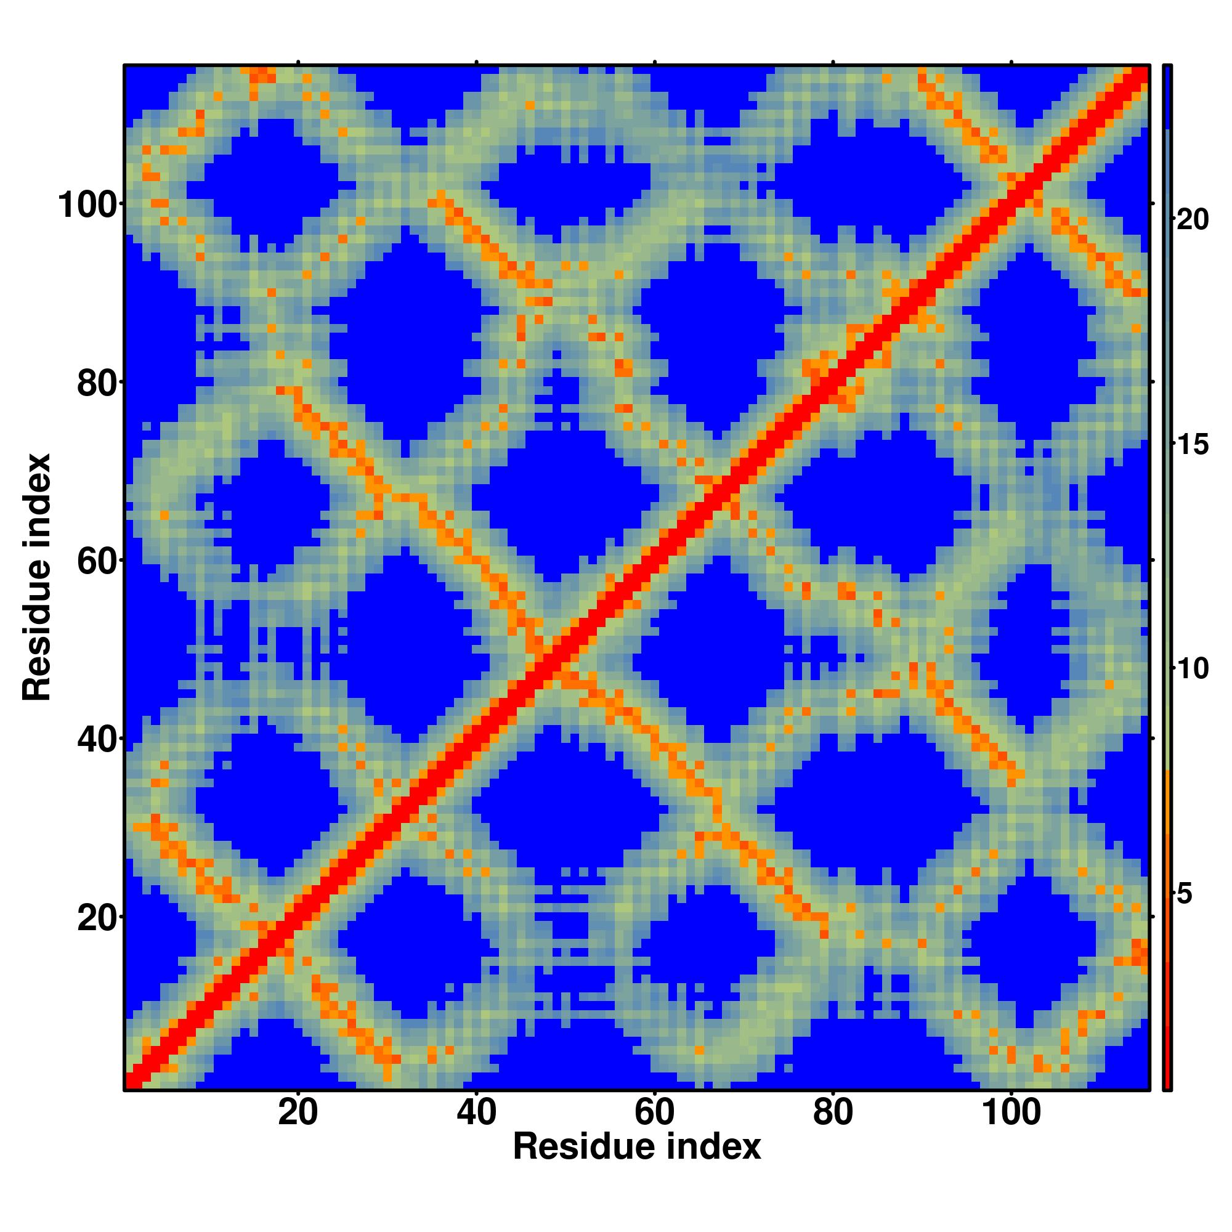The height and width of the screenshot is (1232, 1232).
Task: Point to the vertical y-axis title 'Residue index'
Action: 36,577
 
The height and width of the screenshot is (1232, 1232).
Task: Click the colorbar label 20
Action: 1192,220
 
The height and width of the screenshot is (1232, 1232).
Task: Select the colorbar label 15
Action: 1192,445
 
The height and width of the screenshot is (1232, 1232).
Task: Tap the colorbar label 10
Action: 1192,670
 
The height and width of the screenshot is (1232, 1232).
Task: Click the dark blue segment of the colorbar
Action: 1167,95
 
